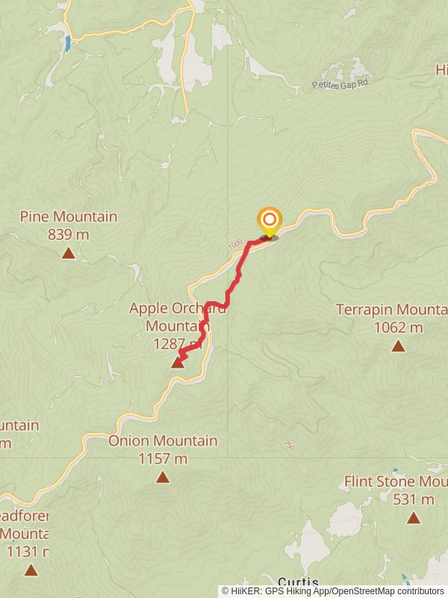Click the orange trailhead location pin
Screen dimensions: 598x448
pyautogui.click(x=269, y=221)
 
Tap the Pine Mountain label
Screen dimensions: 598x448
pyautogui.click(x=68, y=217)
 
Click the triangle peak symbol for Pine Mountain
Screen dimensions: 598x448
pyautogui.click(x=68, y=253)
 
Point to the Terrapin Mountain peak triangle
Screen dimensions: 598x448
pyautogui.click(x=398, y=345)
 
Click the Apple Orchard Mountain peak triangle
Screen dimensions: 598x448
pyautogui.click(x=178, y=363)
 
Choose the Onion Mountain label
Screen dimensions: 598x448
pyautogui.click(x=163, y=441)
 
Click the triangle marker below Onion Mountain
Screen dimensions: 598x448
pyautogui.click(x=163, y=477)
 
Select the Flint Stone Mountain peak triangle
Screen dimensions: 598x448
pyautogui.click(x=414, y=517)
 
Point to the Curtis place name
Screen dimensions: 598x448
pyautogui.click(x=299, y=582)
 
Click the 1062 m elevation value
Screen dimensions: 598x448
pyautogui.click(x=398, y=327)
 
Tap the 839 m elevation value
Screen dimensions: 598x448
pyautogui.click(x=68, y=235)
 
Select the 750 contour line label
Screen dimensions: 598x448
pyautogui.click(x=289, y=446)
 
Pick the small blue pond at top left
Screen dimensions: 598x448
pyautogui.click(x=68, y=43)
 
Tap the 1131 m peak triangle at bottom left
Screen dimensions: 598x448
pyautogui.click(x=31, y=570)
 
